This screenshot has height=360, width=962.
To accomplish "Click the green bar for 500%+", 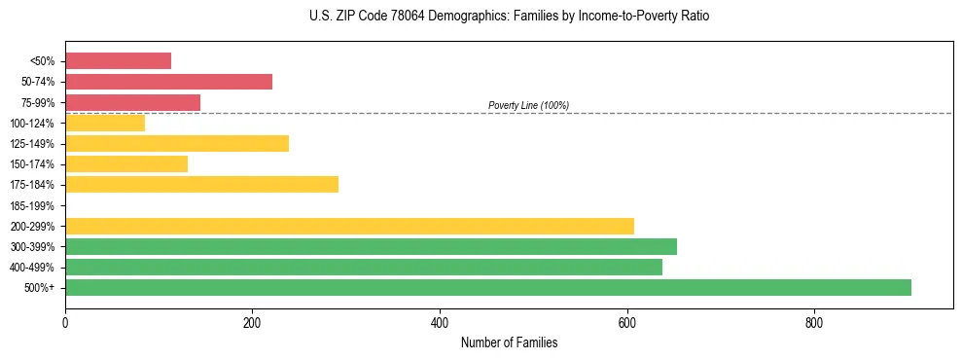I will tap(487, 287).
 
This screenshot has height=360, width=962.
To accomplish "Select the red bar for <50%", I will tap(118, 61).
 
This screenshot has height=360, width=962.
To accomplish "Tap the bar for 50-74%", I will tap(168, 82).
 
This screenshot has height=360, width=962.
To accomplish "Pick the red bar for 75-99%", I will tap(132, 102).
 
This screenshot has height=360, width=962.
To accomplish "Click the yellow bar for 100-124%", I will tap(105, 123).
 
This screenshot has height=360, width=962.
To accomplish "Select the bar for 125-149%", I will tap(177, 143).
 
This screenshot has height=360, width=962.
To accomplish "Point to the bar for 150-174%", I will tap(126, 163).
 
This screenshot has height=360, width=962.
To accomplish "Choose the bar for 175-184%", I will tap(201, 184).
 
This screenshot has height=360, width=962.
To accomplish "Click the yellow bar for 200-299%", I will tap(349, 226).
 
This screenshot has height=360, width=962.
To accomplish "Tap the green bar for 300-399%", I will tap(371, 246).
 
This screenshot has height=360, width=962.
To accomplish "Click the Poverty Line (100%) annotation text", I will tap(528, 105).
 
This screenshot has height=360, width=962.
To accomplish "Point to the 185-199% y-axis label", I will tap(32, 205).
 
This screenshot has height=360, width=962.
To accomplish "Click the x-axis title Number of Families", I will tap(509, 342).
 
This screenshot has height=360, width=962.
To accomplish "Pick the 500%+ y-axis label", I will tap(40, 288).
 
